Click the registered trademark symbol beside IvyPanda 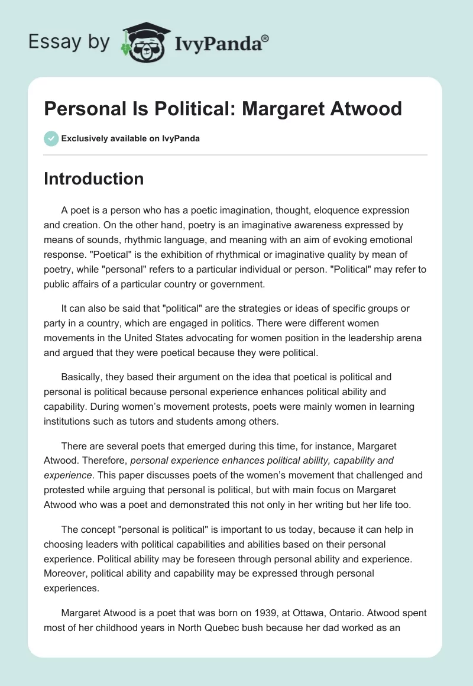point(265,38)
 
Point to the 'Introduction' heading point(93,179)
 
